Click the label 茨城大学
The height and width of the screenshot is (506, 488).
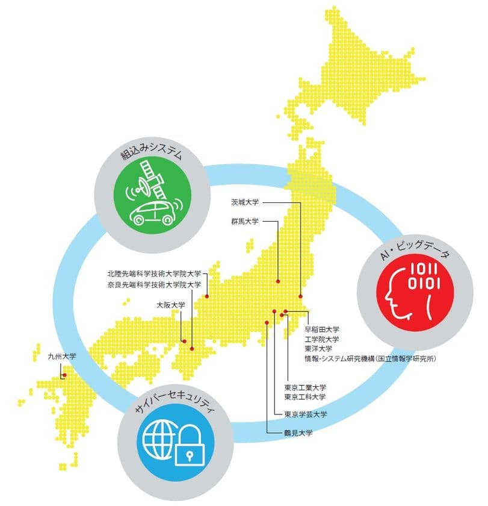(x=245, y=202)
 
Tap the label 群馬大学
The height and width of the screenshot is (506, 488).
(x=245, y=221)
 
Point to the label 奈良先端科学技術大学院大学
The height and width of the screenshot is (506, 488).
(x=154, y=284)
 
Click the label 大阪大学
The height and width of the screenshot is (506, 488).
(x=170, y=305)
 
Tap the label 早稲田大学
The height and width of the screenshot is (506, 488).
(x=322, y=330)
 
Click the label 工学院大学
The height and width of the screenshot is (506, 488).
(x=322, y=339)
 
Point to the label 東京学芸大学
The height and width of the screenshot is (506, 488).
(x=305, y=414)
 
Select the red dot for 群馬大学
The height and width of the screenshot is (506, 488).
(x=278, y=281)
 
